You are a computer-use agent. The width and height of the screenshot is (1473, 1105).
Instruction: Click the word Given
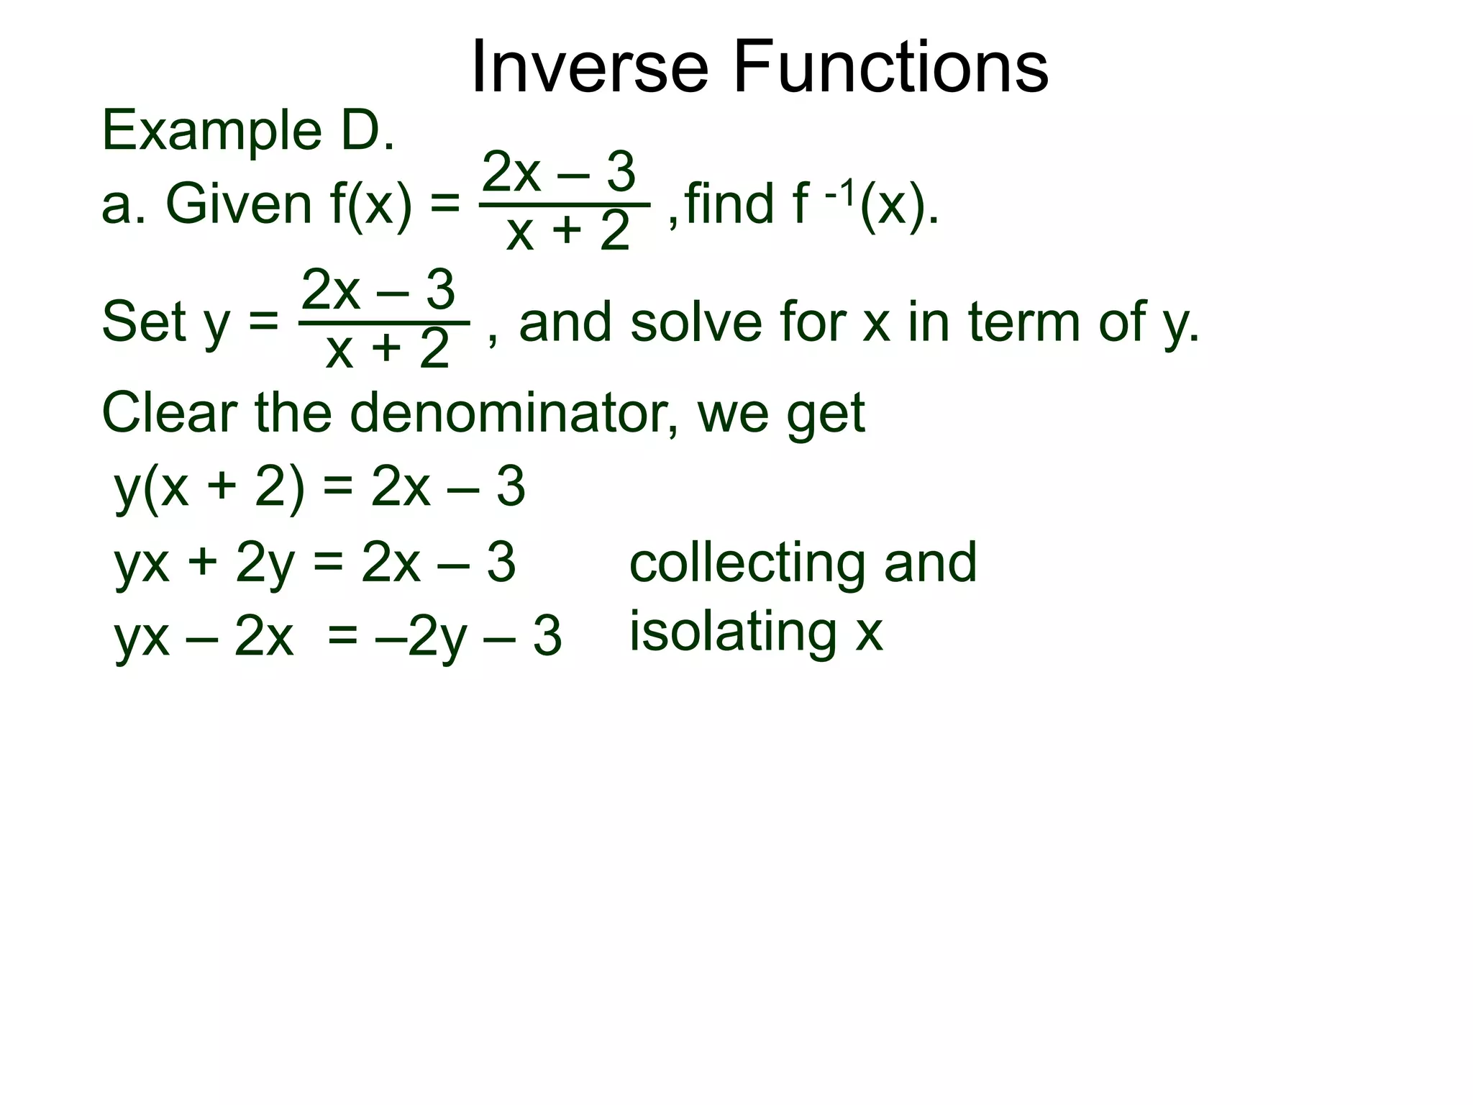[x=238, y=204]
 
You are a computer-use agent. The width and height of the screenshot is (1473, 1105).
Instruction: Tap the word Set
[x=144, y=322]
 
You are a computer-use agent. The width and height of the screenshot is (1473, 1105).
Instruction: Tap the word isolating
[x=733, y=632]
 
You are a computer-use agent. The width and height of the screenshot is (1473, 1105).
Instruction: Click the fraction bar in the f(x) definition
[x=565, y=205]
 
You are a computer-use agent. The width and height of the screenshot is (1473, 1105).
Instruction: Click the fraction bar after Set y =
[x=385, y=324]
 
